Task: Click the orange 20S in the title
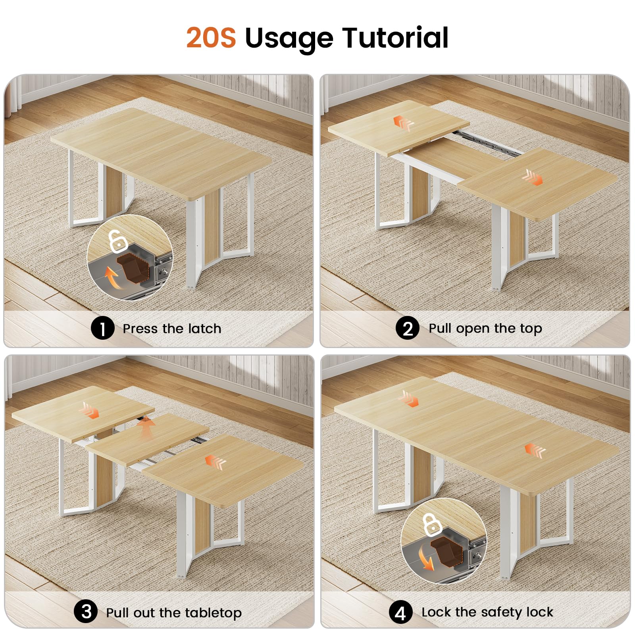pos(211,38)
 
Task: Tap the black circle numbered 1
pos(102,329)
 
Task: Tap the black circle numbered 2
pos(408,329)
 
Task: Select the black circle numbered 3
pos(86,612)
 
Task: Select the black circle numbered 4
pos(400,612)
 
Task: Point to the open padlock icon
pos(116,241)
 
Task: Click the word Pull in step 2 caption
pos(441,328)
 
